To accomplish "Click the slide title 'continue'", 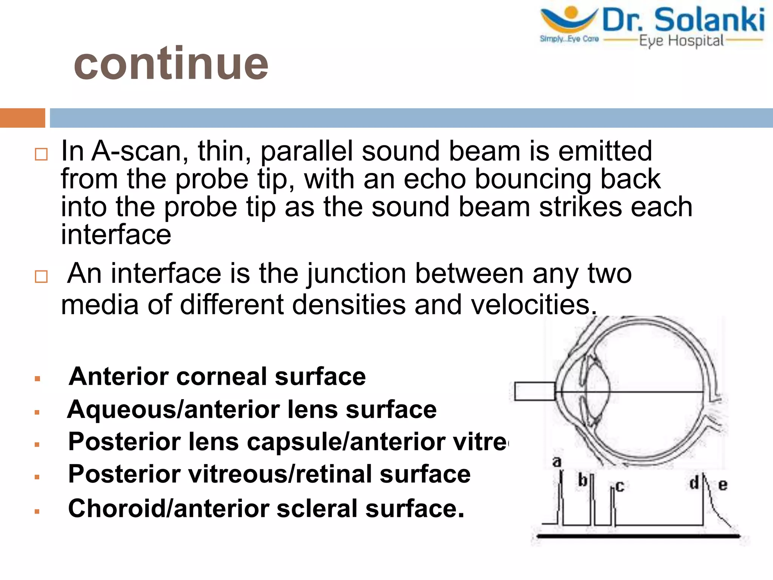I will pyautogui.click(x=171, y=63).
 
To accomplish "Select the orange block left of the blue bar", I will pyautogui.click(x=22, y=118).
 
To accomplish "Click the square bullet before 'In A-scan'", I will pyautogui.click(x=41, y=154).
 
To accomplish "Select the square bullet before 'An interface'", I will pyautogui.click(x=41, y=277).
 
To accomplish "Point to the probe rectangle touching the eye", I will pyautogui.click(x=534, y=391).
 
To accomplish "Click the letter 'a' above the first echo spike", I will pyautogui.click(x=557, y=461).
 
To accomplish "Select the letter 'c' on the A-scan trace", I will pyautogui.click(x=620, y=486).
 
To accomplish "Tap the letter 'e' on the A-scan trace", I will pyautogui.click(x=722, y=485).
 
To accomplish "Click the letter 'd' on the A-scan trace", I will pyautogui.click(x=694, y=483).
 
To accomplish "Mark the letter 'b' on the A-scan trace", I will pyautogui.click(x=583, y=480).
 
